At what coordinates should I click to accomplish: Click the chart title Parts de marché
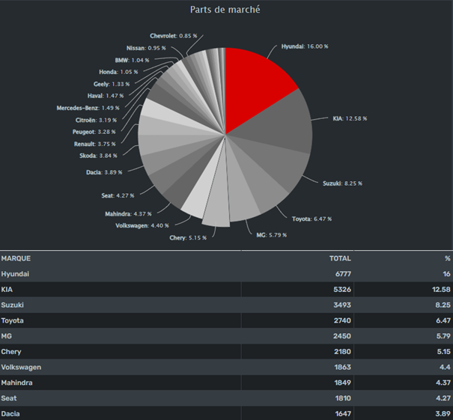(x=225, y=10)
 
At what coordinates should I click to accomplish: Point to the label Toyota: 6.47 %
(x=311, y=219)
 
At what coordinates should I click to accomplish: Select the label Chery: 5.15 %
(x=188, y=237)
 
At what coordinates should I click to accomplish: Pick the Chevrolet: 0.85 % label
(x=173, y=35)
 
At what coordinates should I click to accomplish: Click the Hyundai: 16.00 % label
(x=305, y=46)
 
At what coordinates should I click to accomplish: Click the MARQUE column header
(x=16, y=258)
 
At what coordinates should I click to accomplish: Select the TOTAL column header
(x=340, y=258)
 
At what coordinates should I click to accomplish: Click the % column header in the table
(x=447, y=258)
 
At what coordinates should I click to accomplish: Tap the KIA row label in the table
(x=7, y=289)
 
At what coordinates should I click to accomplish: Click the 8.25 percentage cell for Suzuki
(x=443, y=305)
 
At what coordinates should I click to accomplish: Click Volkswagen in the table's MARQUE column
(x=21, y=367)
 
